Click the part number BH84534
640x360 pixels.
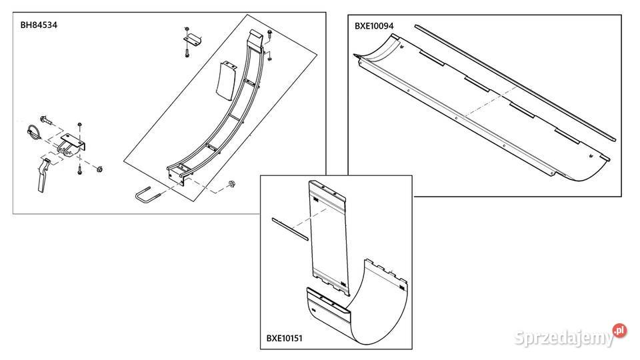39,25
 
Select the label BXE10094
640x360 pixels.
374,26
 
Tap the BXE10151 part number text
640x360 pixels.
285,339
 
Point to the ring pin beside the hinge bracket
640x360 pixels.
33,131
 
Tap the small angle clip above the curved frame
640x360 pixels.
193,40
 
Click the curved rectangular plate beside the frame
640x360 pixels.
225,81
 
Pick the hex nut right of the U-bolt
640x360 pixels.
230,185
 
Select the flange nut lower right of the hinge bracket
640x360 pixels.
99,169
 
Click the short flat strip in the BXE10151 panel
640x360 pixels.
290,229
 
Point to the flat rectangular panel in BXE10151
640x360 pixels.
327,237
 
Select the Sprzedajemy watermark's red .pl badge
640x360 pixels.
619,330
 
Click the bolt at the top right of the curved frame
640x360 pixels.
270,35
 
